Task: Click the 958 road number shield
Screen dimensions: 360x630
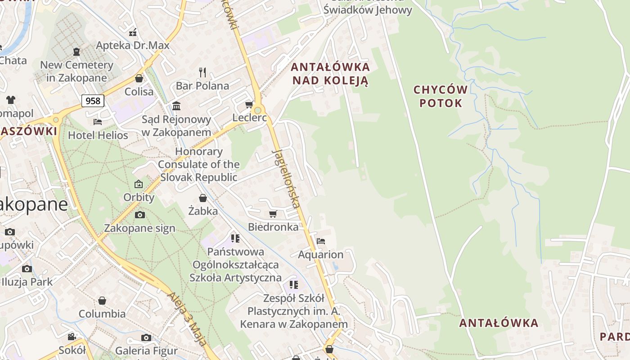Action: (93, 101)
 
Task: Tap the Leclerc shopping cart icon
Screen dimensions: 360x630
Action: (249, 105)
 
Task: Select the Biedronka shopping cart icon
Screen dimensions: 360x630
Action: (273, 214)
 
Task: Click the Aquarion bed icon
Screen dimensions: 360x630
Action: (320, 241)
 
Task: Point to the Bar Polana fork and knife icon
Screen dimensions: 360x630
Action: (202, 72)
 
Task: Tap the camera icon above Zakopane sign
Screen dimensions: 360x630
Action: (139, 215)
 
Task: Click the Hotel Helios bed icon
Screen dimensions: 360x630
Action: (98, 121)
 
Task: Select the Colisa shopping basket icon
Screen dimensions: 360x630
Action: (139, 78)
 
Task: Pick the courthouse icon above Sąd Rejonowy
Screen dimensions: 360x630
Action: (176, 106)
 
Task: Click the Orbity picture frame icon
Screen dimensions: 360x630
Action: (139, 184)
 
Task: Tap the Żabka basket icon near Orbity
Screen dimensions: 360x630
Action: (203, 198)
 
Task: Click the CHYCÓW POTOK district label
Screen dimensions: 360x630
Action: (441, 96)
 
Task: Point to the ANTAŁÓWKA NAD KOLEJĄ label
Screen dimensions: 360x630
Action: (330, 74)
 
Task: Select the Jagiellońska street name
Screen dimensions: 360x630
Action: (286, 178)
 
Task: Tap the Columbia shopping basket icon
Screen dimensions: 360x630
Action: (102, 301)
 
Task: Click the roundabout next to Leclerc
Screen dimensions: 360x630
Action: (257, 110)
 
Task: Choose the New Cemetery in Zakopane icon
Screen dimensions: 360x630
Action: (76, 52)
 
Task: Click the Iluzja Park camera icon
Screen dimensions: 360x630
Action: (27, 269)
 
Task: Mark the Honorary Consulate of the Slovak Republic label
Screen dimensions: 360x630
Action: (198, 164)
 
